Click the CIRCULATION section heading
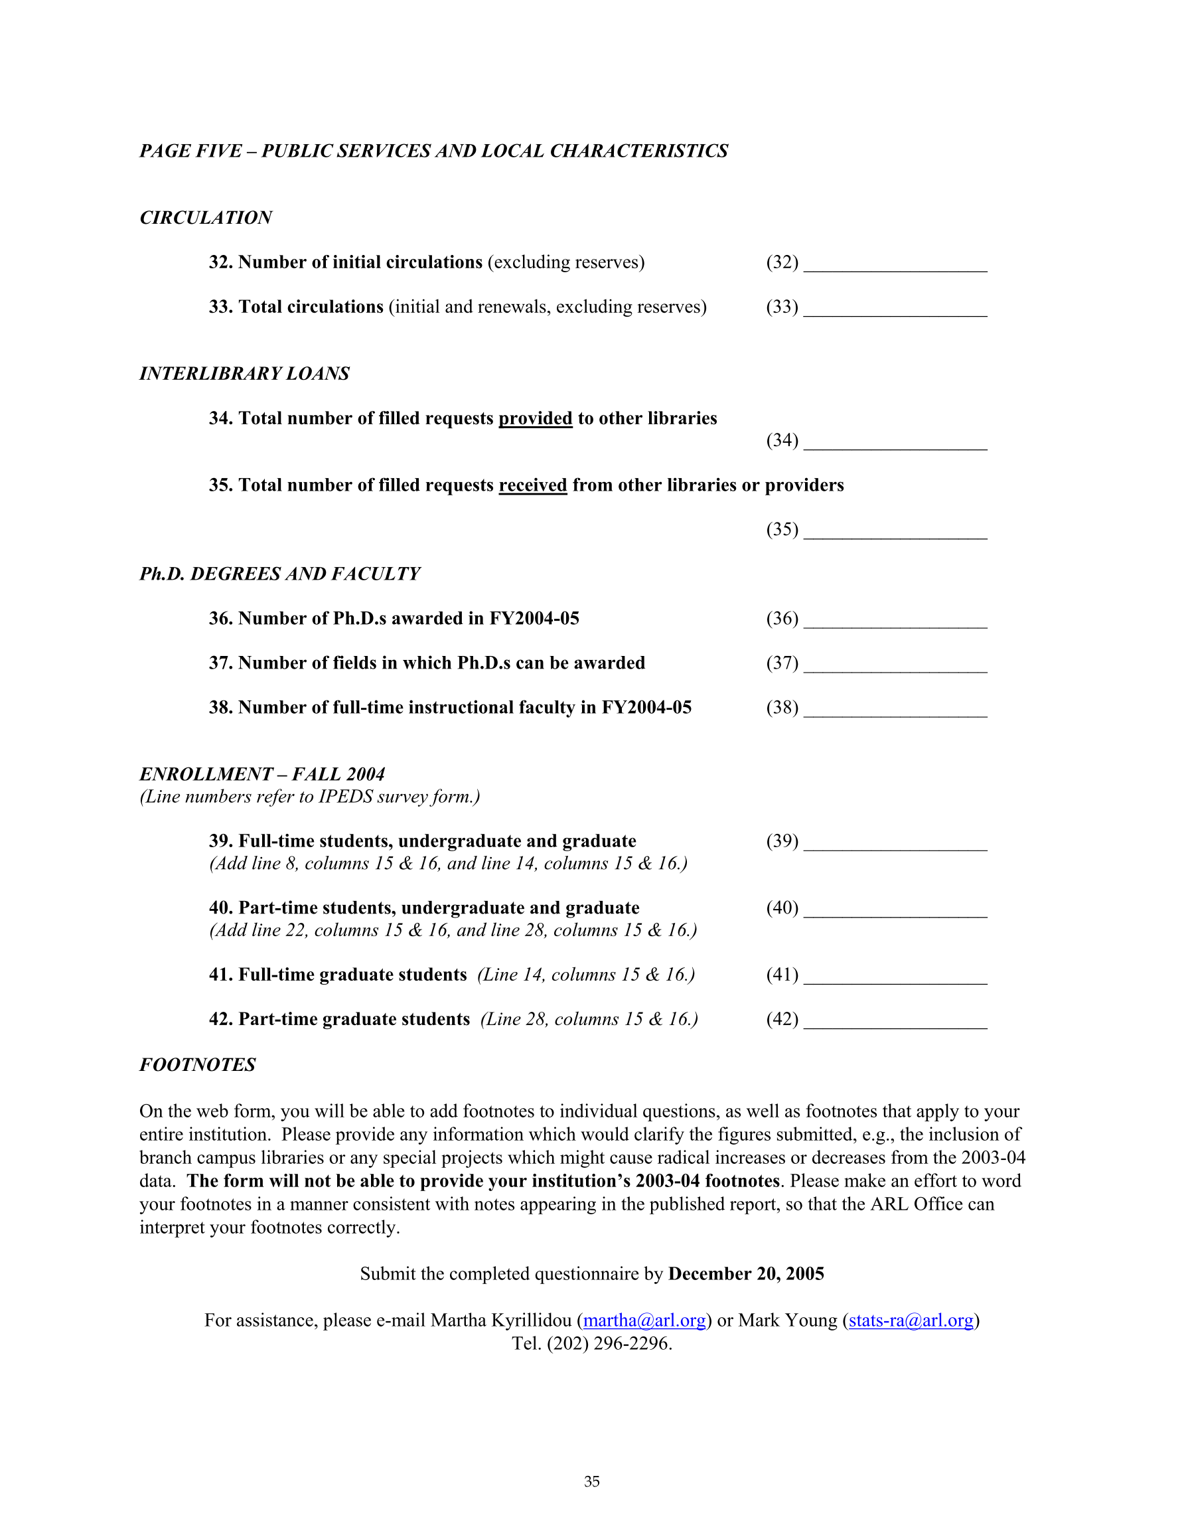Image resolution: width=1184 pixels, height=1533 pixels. coord(206,218)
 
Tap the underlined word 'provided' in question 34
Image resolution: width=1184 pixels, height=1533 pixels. coord(536,418)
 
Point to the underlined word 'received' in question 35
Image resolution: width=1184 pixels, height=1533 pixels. coord(533,485)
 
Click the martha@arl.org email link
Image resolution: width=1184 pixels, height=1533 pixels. coord(644,1321)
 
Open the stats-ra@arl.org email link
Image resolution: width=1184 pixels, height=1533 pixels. coord(911,1321)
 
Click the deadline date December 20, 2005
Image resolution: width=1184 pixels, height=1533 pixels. coord(746,1274)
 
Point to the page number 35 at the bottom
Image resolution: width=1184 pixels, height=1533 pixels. coord(591,1482)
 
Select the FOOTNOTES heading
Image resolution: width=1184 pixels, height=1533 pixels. coord(197,1065)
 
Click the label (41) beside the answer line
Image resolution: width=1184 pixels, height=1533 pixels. coord(782,974)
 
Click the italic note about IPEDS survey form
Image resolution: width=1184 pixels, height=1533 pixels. coord(309,797)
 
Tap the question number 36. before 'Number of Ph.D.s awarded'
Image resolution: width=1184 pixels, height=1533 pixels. coord(220,618)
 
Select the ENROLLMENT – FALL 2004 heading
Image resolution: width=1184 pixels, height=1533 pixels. coord(261,774)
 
